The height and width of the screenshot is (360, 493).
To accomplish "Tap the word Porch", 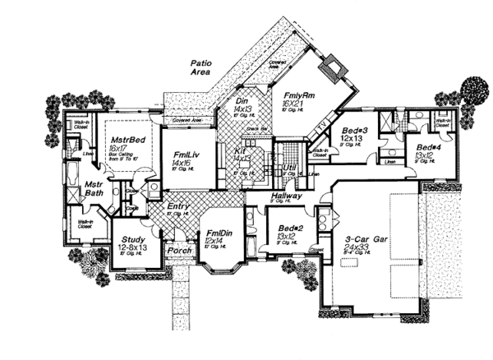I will click(179, 249).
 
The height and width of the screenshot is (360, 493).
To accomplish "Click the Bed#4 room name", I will click(423, 146).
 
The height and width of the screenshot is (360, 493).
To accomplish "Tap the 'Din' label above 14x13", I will click(242, 99).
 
